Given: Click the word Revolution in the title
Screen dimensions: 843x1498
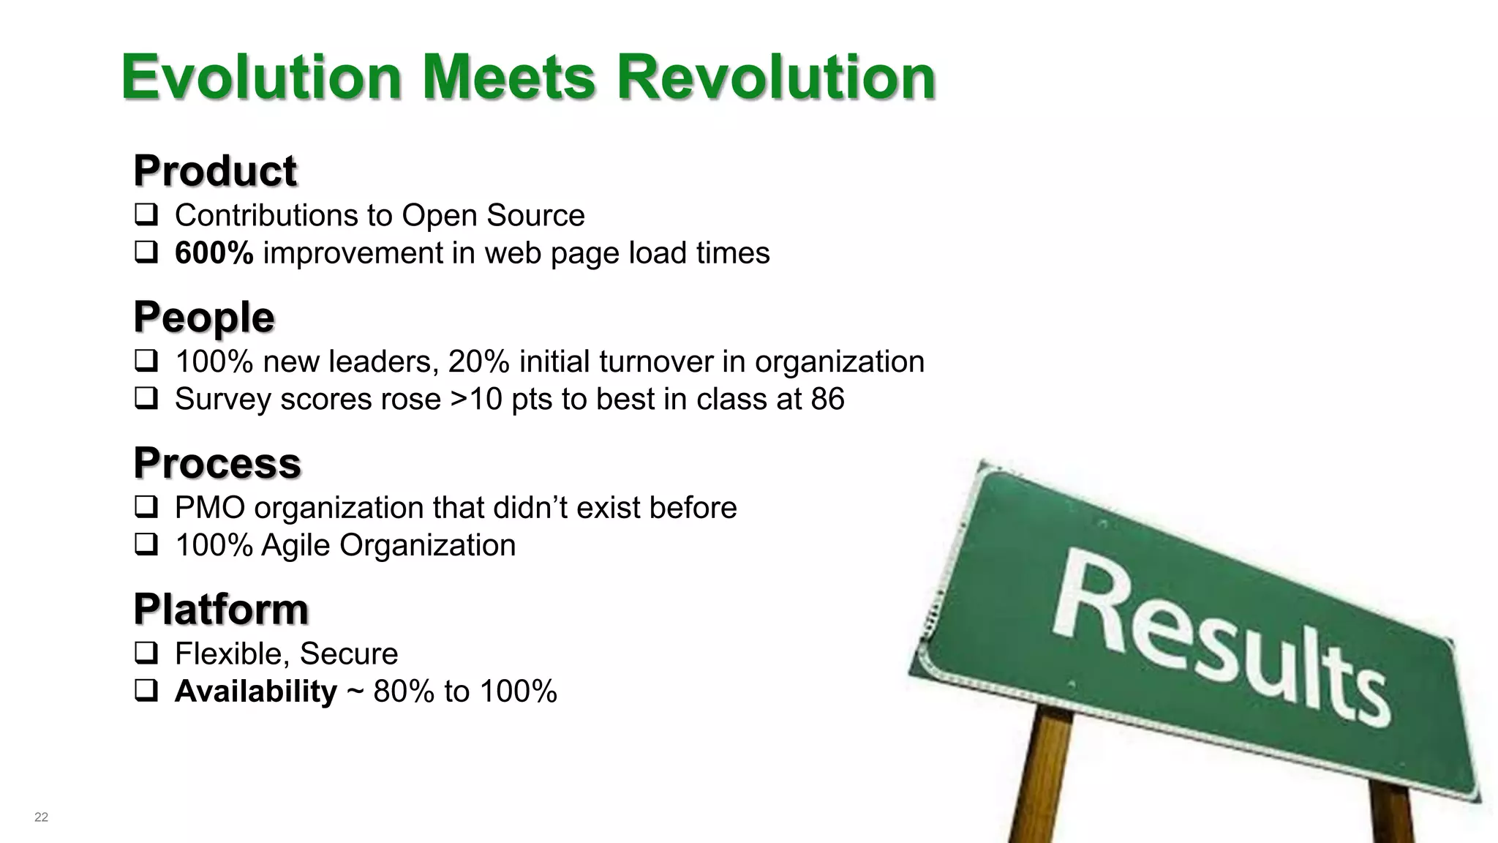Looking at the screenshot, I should [x=775, y=78].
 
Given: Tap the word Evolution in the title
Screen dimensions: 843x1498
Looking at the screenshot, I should [x=261, y=78].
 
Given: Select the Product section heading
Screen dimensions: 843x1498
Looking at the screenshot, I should [x=215, y=171].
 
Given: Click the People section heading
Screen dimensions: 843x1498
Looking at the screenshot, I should [x=204, y=317].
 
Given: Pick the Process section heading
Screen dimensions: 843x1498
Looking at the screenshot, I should [x=217, y=463].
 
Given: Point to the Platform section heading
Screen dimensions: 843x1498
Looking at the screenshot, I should [x=221, y=609].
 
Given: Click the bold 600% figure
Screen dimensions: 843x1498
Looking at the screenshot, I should [x=214, y=253].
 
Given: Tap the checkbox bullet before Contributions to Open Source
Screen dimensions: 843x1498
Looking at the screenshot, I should [x=146, y=215].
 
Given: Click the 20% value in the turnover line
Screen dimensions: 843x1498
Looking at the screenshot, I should [x=478, y=361].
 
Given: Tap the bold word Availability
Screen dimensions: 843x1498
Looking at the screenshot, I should [x=256, y=692].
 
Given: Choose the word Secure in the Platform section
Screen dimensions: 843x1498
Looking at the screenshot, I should [x=348, y=653].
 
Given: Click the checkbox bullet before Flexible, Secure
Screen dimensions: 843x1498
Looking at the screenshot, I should [x=146, y=653].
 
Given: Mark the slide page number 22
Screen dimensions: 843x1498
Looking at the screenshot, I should [x=41, y=817].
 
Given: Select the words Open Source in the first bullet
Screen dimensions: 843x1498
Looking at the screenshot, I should [x=493, y=215].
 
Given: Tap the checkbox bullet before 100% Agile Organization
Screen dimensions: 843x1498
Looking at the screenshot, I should [x=146, y=545].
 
